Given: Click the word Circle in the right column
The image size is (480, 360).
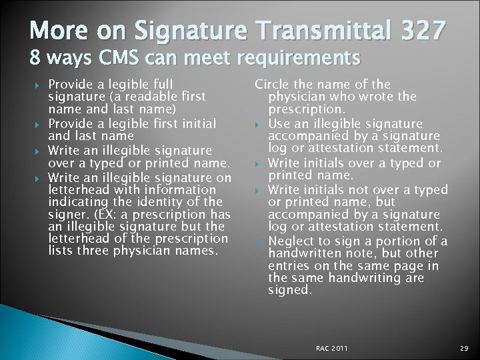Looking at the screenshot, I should [x=275, y=84].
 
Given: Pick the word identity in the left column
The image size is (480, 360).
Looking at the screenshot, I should [x=173, y=202].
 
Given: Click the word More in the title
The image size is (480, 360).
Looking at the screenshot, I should [x=57, y=31].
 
